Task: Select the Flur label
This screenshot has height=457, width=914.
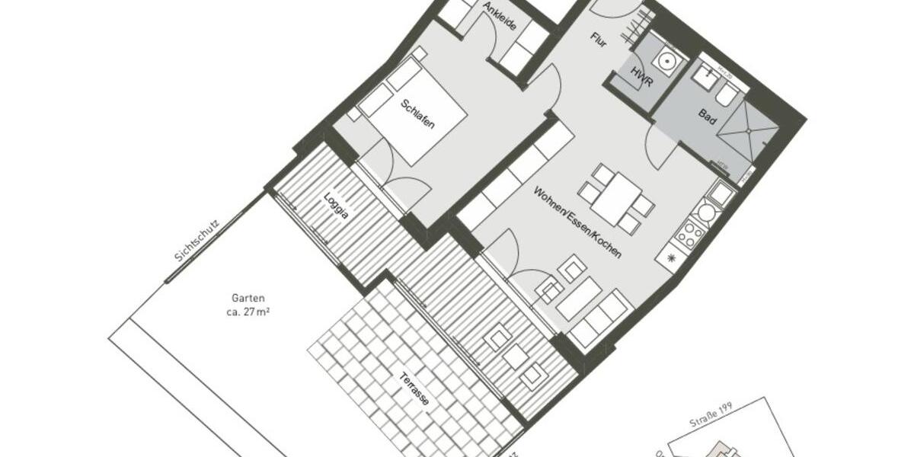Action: point(598,41)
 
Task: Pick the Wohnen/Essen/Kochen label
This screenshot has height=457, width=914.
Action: point(577,222)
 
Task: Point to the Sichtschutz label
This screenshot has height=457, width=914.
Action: point(197,242)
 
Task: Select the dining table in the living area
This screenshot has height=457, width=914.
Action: point(618,197)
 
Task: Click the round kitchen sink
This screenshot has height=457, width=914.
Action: point(706,213)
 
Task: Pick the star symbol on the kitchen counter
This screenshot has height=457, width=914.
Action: point(671,258)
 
